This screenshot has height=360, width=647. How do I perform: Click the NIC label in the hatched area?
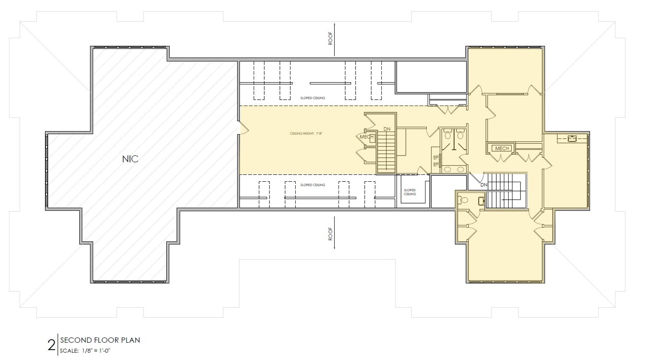click(130, 159)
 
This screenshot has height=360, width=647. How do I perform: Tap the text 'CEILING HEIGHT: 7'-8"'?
click(306, 134)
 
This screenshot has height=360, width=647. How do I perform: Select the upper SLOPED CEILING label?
click(312, 98)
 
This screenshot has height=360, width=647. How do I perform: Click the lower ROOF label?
click(330, 234)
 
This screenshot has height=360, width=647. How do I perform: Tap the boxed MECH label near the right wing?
click(502, 148)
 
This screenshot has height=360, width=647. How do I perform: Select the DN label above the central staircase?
click(387, 129)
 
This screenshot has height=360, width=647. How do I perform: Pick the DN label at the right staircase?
click(484, 185)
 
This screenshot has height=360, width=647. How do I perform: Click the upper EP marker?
click(436, 157)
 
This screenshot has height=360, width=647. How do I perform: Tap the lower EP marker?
click(436, 164)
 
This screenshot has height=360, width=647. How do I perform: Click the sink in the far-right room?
click(572, 138)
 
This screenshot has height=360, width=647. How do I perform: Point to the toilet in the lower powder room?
click(464, 199)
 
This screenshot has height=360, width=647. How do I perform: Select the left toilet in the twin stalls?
click(448, 135)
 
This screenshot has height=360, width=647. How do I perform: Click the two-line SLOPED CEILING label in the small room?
click(410, 192)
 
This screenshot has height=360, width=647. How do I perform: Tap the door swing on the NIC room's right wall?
click(242, 127)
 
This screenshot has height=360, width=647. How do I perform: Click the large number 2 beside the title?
click(51, 345)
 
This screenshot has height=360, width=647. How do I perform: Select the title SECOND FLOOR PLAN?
click(100, 340)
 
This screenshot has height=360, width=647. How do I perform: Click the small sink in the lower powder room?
click(481, 199)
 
